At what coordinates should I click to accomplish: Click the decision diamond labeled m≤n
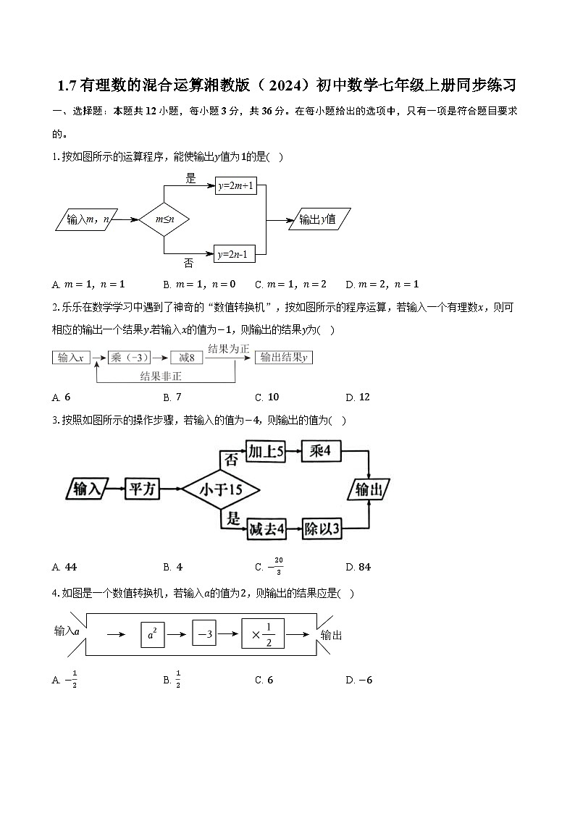(x=164, y=219)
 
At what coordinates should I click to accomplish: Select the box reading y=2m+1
(x=235, y=186)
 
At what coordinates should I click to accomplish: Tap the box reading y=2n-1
(x=235, y=254)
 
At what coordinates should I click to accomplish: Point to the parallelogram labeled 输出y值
(x=319, y=219)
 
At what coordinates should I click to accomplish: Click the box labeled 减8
(x=186, y=358)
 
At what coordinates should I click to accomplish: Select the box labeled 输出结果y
(x=284, y=358)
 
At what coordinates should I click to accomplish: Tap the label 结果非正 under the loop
(x=161, y=376)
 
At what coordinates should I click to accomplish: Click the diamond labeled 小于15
(x=221, y=489)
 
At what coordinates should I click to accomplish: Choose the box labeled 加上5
(x=265, y=451)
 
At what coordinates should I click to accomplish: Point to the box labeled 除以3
(x=320, y=529)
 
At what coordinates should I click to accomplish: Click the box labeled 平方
(x=142, y=489)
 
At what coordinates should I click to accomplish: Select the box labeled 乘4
(x=320, y=451)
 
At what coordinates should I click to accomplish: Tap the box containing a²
(x=152, y=635)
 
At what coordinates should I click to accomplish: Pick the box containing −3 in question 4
(x=205, y=634)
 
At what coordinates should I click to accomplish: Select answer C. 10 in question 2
(x=267, y=397)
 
